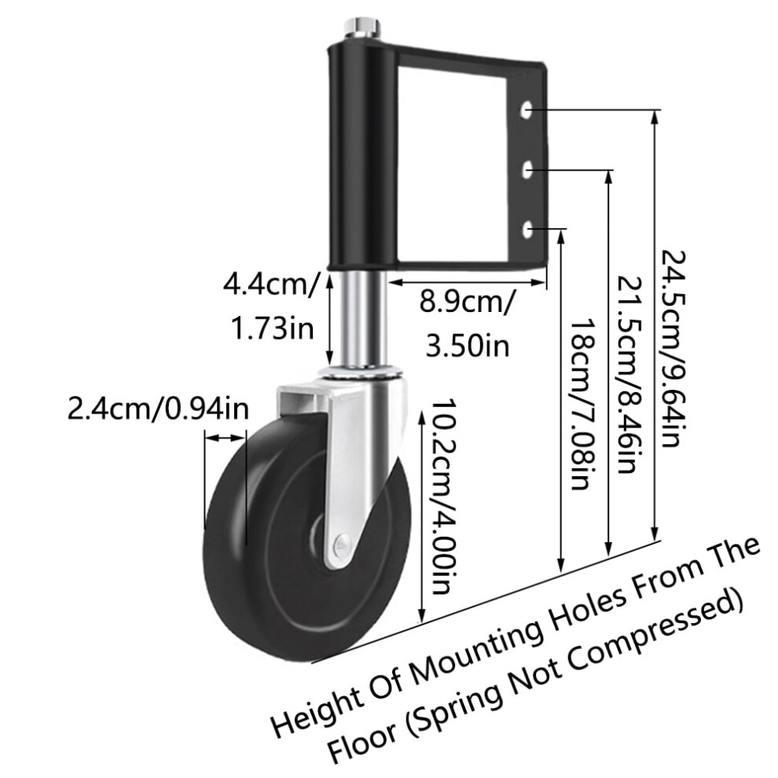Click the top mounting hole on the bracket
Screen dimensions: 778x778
coord(527,110)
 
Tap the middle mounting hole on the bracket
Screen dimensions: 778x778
coord(527,170)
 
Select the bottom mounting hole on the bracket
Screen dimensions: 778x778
coord(527,229)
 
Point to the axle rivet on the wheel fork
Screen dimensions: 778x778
coord(341,543)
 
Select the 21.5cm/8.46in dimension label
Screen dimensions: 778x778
coord(629,375)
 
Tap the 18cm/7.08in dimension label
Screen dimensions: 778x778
coord(584,404)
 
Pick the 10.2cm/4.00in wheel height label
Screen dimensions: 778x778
coord(442,496)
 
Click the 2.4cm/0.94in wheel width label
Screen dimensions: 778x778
coord(158,409)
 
